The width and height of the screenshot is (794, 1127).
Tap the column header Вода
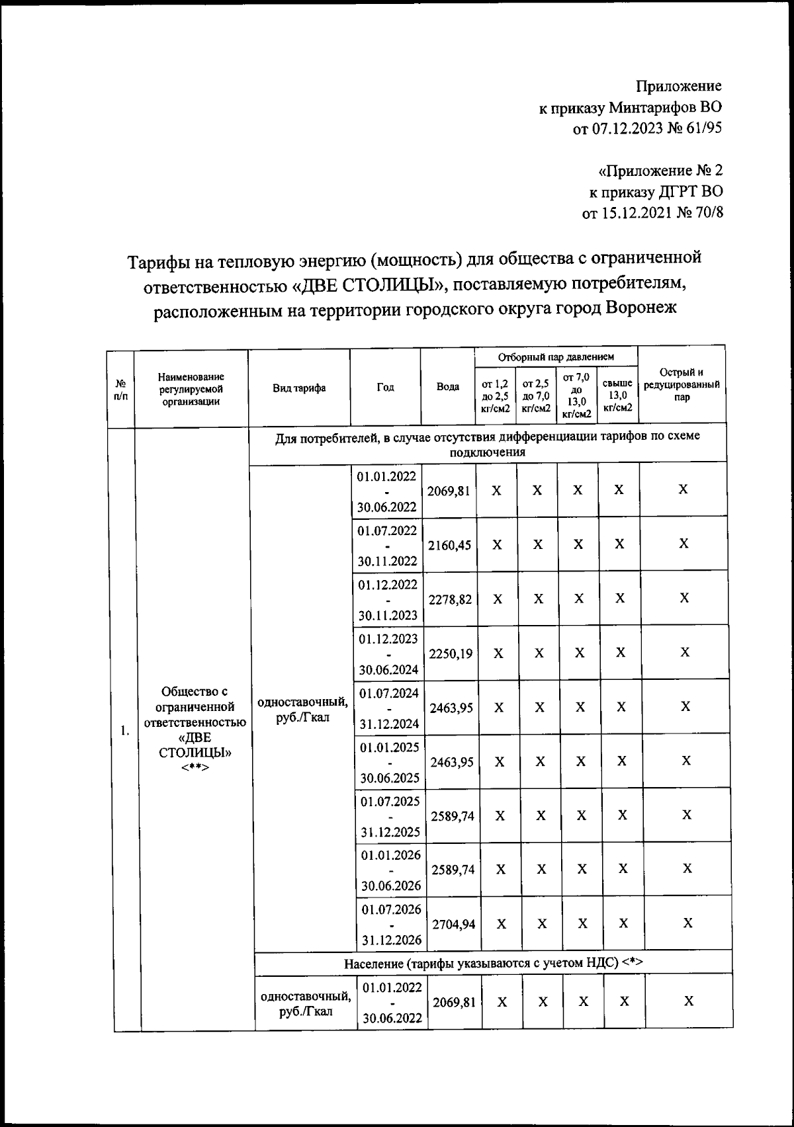[448, 387]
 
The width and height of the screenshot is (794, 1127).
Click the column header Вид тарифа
[299, 388]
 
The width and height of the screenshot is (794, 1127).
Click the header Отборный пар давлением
[556, 357]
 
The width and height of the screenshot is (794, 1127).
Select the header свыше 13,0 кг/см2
[617, 396]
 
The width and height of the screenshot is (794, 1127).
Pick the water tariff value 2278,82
[451, 599]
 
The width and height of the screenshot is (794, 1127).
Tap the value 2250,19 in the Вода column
[451, 653]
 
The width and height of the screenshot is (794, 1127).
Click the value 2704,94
[453, 924]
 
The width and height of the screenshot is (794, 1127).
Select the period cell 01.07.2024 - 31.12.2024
[389, 708]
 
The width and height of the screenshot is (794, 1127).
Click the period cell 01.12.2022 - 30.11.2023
[388, 600]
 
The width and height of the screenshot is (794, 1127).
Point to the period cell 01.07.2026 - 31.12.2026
[391, 925]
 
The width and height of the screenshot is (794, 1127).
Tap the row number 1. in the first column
[124, 731]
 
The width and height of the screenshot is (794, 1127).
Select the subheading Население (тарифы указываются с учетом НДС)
[493, 963]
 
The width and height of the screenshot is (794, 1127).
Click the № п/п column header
[121, 388]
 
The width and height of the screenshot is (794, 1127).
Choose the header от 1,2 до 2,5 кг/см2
[495, 396]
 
